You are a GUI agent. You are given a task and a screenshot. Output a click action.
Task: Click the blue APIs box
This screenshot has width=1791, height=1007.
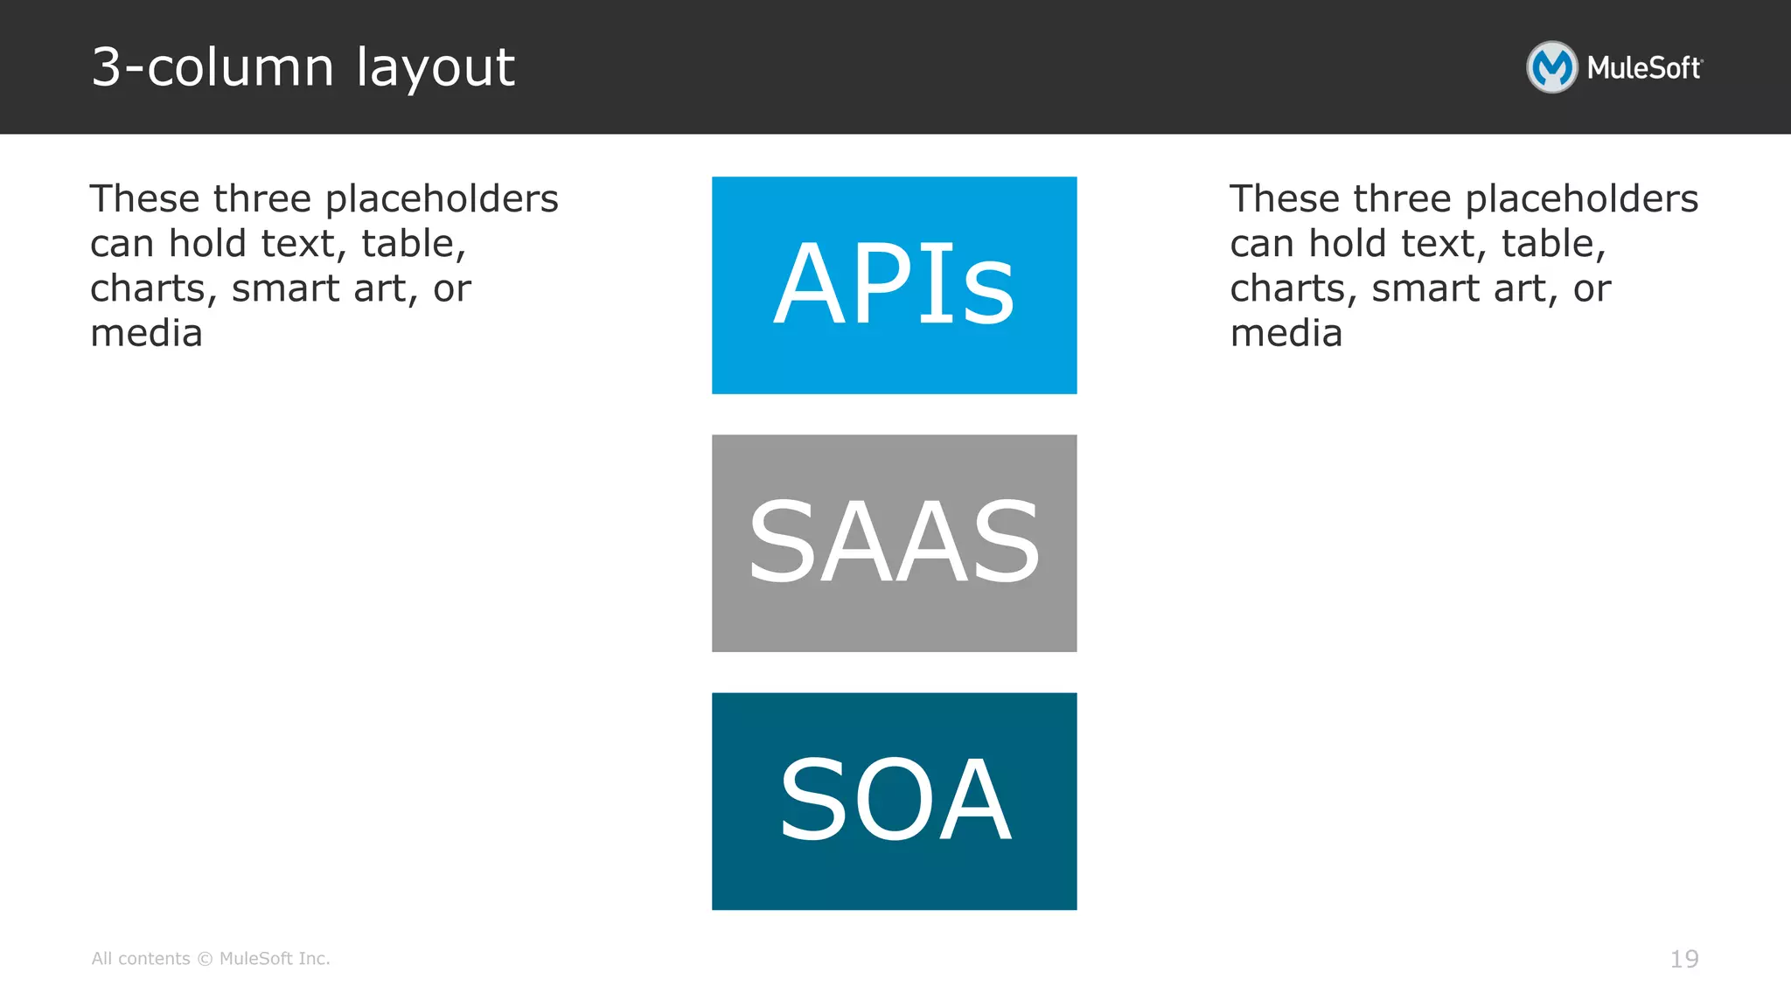(x=894, y=285)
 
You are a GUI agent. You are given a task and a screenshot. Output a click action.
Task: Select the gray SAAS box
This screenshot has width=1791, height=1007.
(x=894, y=543)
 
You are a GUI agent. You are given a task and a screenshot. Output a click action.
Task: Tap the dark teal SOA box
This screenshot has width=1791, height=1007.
(x=894, y=801)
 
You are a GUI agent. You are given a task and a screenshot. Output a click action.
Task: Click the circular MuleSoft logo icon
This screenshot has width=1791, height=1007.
(x=1551, y=67)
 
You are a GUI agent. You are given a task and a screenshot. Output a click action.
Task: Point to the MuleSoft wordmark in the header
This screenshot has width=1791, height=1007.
(x=1644, y=68)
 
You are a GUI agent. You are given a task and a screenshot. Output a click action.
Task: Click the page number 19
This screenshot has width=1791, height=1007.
(x=1684, y=959)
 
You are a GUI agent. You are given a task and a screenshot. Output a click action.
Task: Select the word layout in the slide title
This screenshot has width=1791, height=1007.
(x=436, y=68)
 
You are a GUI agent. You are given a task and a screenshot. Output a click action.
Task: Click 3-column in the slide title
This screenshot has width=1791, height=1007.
(x=213, y=67)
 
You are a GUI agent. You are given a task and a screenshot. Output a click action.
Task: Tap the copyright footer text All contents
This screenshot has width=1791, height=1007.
(x=141, y=959)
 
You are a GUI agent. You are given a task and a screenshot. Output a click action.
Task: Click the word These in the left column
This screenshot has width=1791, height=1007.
(x=145, y=198)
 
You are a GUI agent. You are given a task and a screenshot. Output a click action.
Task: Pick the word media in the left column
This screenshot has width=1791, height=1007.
(x=146, y=333)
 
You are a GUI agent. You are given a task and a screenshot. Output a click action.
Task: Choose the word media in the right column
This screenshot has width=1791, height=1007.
(x=1286, y=333)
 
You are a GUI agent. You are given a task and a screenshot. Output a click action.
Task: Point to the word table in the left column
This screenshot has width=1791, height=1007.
(x=414, y=244)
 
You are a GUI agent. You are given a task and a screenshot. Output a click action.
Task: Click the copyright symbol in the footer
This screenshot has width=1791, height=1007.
(x=205, y=959)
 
